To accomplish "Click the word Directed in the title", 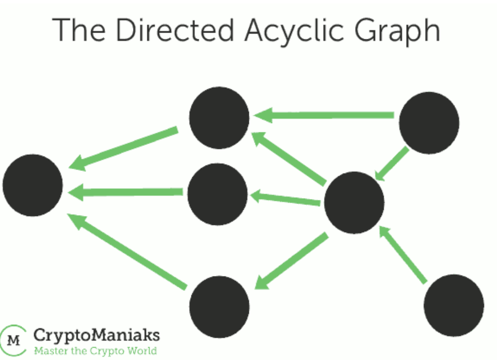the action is point(175,30).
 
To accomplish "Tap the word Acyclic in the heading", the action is point(294,32).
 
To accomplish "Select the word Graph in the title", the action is point(397,32).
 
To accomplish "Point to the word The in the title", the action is point(79,30).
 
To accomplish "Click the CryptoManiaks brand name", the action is point(97,335).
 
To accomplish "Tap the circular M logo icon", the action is point(13,340).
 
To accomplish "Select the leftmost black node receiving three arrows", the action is point(33,185).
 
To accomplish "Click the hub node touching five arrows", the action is point(355,203).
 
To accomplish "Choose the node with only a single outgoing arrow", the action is point(454,305).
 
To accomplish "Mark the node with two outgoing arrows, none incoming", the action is point(429,123).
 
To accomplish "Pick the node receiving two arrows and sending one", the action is point(219,118).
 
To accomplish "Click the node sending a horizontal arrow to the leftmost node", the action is point(217,194).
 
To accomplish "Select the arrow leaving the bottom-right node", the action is point(403,255).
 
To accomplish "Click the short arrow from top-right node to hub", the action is point(392,163).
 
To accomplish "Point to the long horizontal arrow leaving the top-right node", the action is point(324,115).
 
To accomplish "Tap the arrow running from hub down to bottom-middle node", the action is point(292,261).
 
